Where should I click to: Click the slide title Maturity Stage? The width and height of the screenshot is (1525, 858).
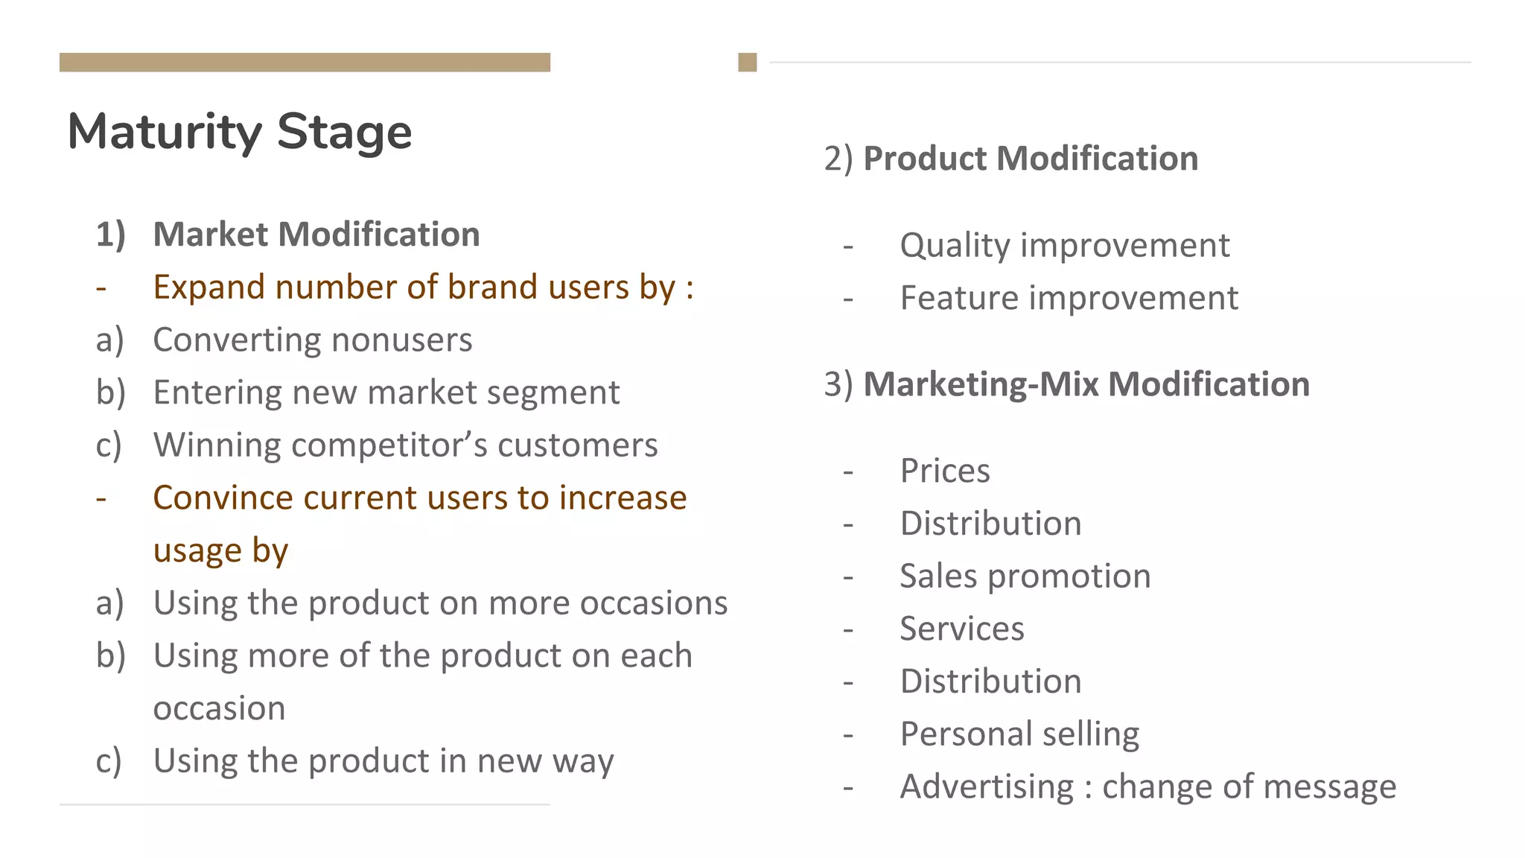point(239,132)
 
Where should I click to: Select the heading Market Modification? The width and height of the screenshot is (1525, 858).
point(316,235)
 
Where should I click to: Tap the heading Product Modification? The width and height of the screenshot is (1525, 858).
point(1030,159)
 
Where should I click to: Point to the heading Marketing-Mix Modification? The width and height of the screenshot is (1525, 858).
point(1086,384)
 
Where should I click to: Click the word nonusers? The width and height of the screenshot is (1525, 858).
point(401,340)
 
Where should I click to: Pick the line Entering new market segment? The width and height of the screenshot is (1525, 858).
point(386,393)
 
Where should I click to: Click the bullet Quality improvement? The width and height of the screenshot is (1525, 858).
point(1064,245)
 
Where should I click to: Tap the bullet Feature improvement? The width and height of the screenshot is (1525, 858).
point(1069,298)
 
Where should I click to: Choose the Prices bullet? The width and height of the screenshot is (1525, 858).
point(944,471)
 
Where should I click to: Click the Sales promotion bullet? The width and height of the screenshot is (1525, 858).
point(1025,576)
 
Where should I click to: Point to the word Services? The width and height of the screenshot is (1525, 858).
point(961,629)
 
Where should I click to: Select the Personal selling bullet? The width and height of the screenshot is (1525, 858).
point(1019,734)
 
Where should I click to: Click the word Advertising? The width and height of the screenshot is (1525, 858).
point(987,786)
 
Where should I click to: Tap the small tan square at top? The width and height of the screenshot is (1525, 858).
point(747,63)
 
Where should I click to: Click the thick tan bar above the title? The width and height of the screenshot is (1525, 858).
point(305,63)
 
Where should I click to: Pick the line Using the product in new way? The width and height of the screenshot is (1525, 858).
point(383,761)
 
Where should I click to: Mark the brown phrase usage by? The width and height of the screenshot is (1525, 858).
point(220,550)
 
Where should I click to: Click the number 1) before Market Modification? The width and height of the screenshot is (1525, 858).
point(110,235)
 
